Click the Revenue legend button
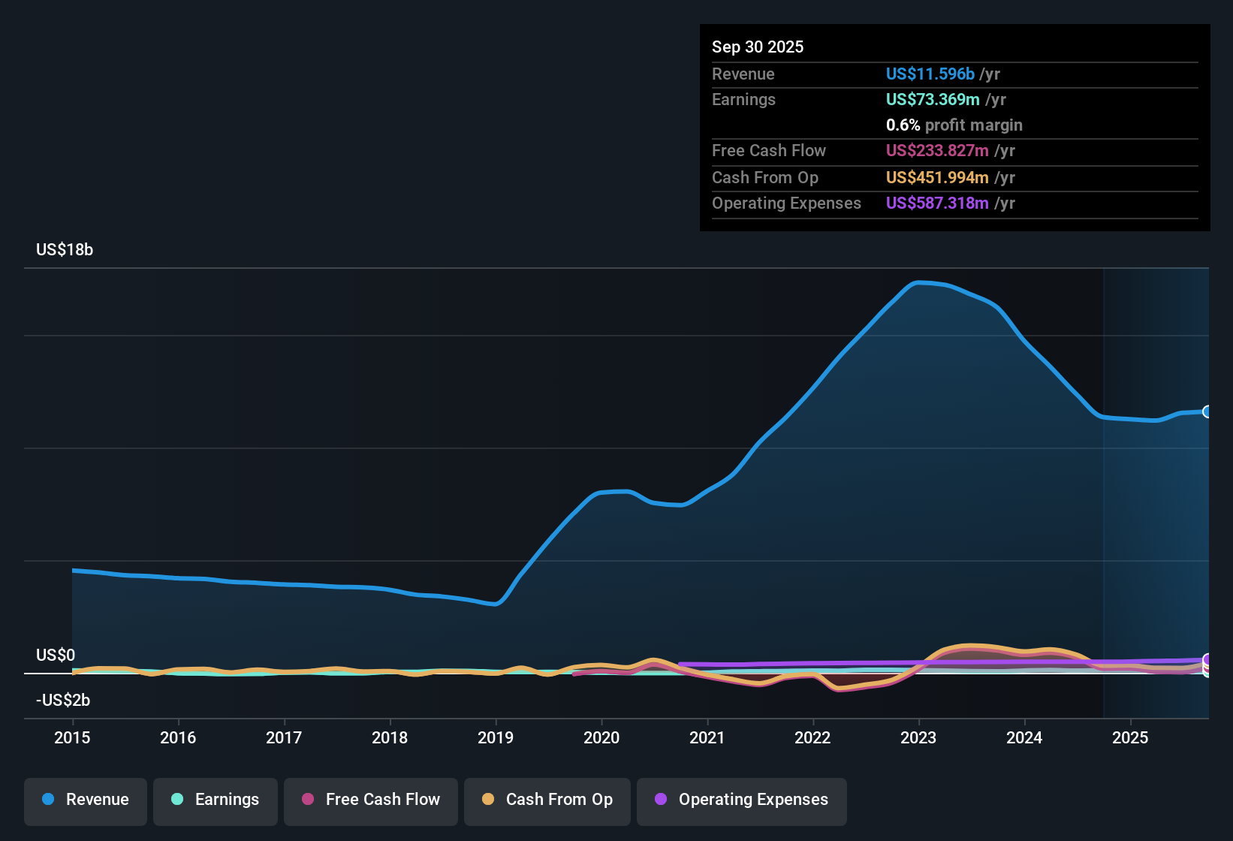pos(86,800)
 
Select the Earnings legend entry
pos(215,800)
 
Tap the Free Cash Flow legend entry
pos(371,800)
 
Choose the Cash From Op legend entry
pos(547,800)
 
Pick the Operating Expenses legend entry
pos(741,800)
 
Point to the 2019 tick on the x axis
pos(496,737)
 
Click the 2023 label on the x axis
pos(918,737)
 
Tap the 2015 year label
pos(72,737)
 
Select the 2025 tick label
pos(1130,737)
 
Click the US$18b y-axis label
pos(65,250)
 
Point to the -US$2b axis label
pos(63,701)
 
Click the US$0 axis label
pos(56,656)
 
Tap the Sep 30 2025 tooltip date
pos(758,47)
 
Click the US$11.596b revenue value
pos(930,74)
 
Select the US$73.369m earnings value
pos(933,99)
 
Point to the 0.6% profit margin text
pos(954,125)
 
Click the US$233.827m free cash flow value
pos(937,150)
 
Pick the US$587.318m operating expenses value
pos(937,203)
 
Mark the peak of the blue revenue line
pos(918,282)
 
